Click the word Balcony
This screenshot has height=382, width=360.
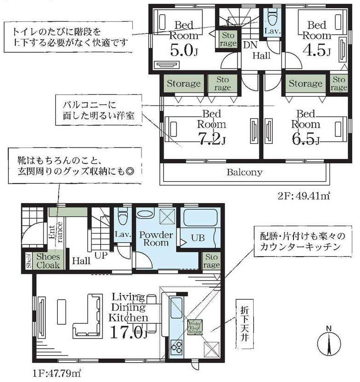[244, 173]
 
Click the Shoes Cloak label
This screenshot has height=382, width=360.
[48, 261]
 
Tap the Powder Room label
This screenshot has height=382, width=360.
[156, 239]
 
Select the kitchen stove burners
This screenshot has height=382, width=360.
[176, 347]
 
